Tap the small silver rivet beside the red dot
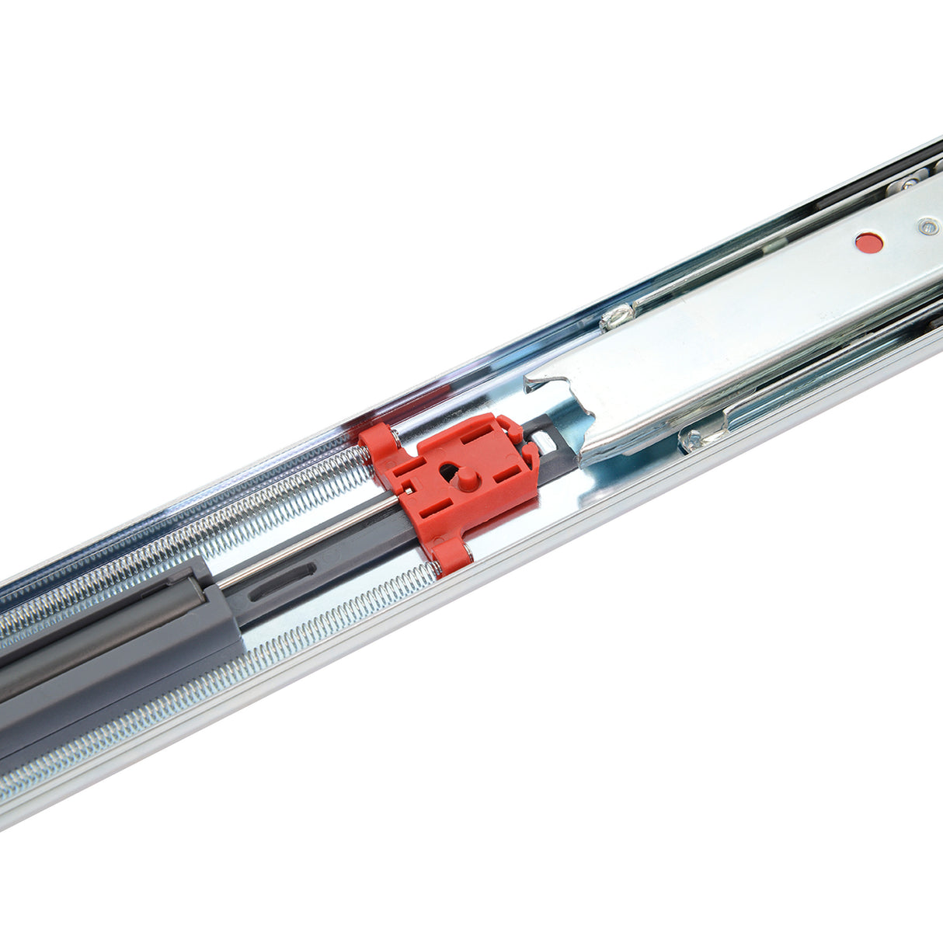pos(925,227)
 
